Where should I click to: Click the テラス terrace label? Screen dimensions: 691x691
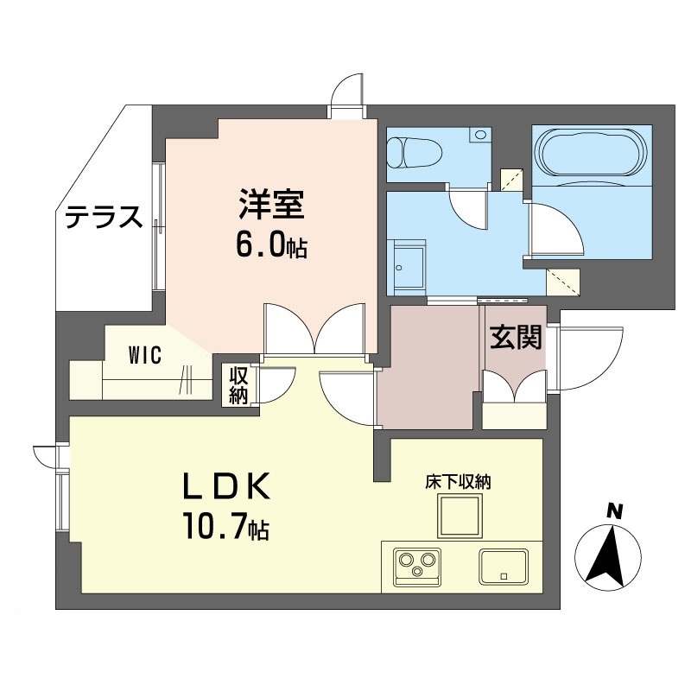click(104, 217)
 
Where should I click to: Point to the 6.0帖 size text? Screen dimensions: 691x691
click(270, 246)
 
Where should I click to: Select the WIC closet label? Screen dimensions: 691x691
click(143, 356)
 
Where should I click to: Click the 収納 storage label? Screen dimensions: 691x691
click(238, 386)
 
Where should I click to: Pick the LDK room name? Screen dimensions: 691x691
click(228, 488)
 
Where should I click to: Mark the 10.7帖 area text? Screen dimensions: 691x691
click(225, 527)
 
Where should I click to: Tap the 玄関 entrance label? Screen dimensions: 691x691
click(517, 338)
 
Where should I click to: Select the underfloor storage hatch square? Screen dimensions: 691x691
click(457, 518)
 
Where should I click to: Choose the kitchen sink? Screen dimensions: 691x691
click(504, 567)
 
